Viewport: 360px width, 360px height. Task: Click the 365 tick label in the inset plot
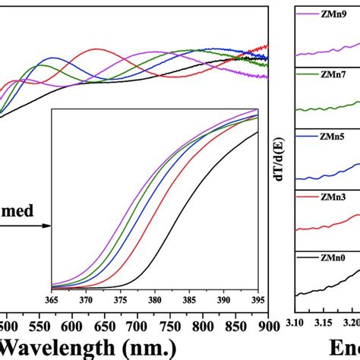(x=52, y=298)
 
